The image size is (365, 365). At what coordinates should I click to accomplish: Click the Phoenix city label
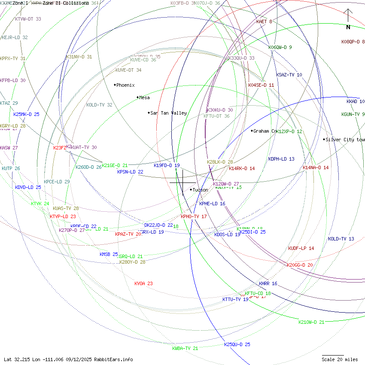125,85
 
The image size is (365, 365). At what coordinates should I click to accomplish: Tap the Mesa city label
144,97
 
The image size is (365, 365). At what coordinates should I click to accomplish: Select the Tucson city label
200,190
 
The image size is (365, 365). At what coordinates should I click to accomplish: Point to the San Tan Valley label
168,113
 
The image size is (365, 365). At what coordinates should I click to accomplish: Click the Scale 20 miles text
340,359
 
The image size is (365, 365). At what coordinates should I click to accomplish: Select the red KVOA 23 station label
143,283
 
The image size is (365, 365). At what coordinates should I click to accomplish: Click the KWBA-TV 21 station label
185,348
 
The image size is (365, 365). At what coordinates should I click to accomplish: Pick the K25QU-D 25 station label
237,344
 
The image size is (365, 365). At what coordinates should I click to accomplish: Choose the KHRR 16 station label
268,283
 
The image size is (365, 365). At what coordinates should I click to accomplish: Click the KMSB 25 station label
109,254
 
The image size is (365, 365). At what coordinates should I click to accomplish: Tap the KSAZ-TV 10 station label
289,75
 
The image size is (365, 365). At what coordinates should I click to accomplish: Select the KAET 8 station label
264,21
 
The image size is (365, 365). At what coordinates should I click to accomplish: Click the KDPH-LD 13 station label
281,159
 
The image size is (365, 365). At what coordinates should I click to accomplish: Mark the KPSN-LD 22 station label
130,172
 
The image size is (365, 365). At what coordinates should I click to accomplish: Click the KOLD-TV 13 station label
341,239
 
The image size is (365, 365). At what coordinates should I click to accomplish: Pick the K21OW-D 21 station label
311,322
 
